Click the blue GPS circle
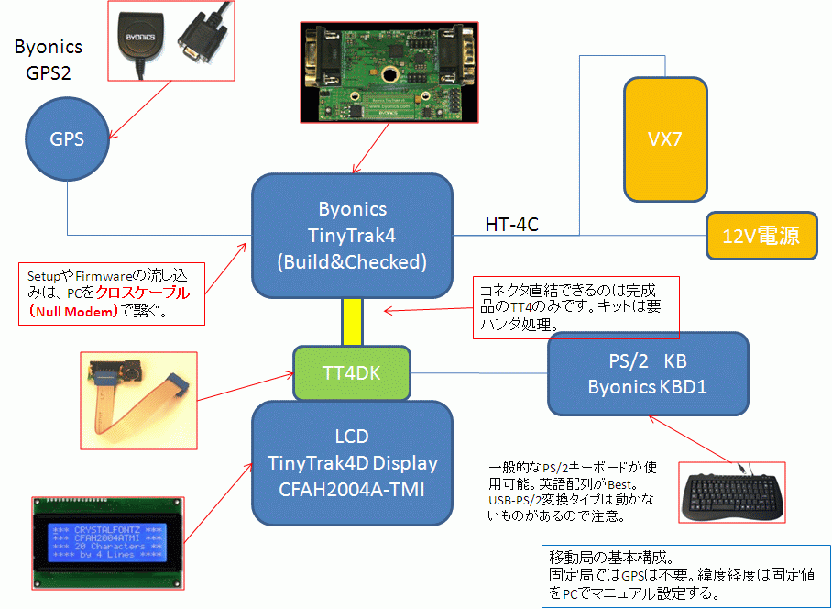pyautogui.click(x=67, y=139)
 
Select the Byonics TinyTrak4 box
pyautogui.click(x=352, y=235)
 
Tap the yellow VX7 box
pyautogui.click(x=665, y=138)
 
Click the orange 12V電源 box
pyautogui.click(x=765, y=236)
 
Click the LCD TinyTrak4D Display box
pyautogui.click(x=352, y=462)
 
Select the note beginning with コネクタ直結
pyautogui.click(x=576, y=306)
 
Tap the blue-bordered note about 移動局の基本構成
pyautogui.click(x=685, y=574)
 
